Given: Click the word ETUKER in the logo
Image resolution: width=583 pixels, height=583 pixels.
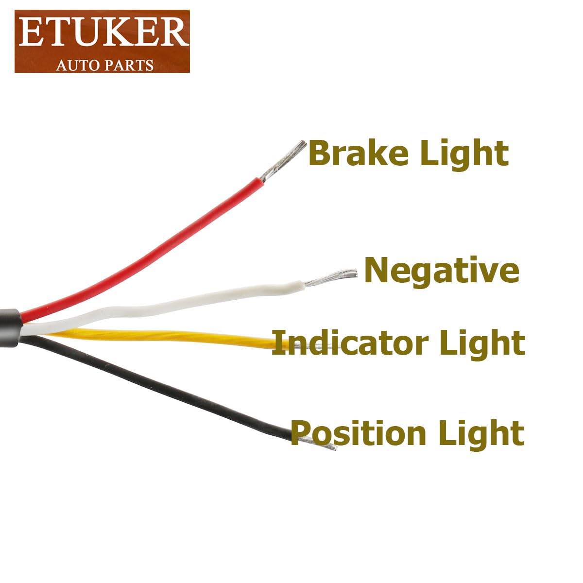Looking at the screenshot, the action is click(x=102, y=33).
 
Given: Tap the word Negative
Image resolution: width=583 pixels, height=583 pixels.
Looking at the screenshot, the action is click(x=442, y=271).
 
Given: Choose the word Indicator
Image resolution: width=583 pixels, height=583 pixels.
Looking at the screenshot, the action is click(x=350, y=343).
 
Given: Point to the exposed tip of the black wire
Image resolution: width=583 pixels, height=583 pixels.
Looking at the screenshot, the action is click(x=318, y=443).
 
